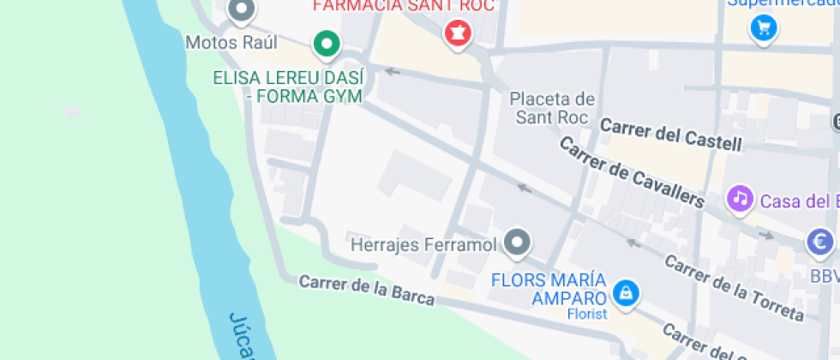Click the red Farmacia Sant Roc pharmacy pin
pyautogui.click(x=458, y=34)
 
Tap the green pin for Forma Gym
pyautogui.click(x=326, y=44)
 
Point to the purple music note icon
pyautogui.click(x=739, y=200)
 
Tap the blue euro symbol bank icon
pyautogui.click(x=820, y=243)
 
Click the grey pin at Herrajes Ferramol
pyautogui.click(x=516, y=243)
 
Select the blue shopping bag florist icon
pyautogui.click(x=627, y=293)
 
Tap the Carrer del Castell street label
pyautogui.click(x=670, y=135)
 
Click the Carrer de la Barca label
pyautogui.click(x=367, y=290)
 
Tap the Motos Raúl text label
pyautogui.click(x=219, y=42)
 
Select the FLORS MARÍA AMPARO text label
pyautogui.click(x=549, y=289)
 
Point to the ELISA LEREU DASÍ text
pyautogui.click(x=288, y=78)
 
